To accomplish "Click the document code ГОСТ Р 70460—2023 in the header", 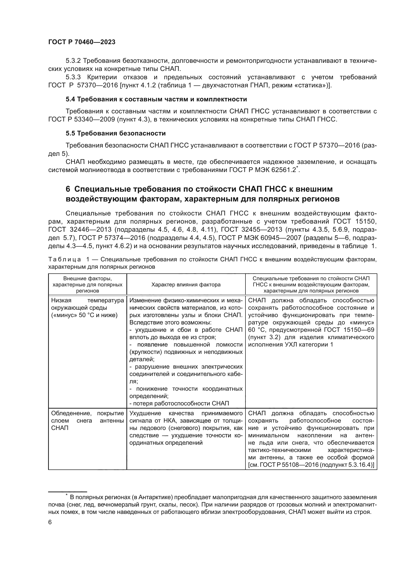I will click(82, 42).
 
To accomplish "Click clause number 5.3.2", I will click(73, 61).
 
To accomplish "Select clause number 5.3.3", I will click(73, 77).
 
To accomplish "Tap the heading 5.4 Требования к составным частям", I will click(156, 99).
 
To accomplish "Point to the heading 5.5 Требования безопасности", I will click(116, 133).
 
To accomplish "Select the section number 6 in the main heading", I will click(68, 189).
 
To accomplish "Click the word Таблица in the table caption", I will click(65, 259).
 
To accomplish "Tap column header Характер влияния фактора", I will click(186, 284).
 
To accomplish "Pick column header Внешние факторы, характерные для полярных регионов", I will click(87, 284).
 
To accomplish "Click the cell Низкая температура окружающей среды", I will click(87, 308).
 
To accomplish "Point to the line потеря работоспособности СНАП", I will click(179, 403).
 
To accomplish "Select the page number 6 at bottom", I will click(50, 522).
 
